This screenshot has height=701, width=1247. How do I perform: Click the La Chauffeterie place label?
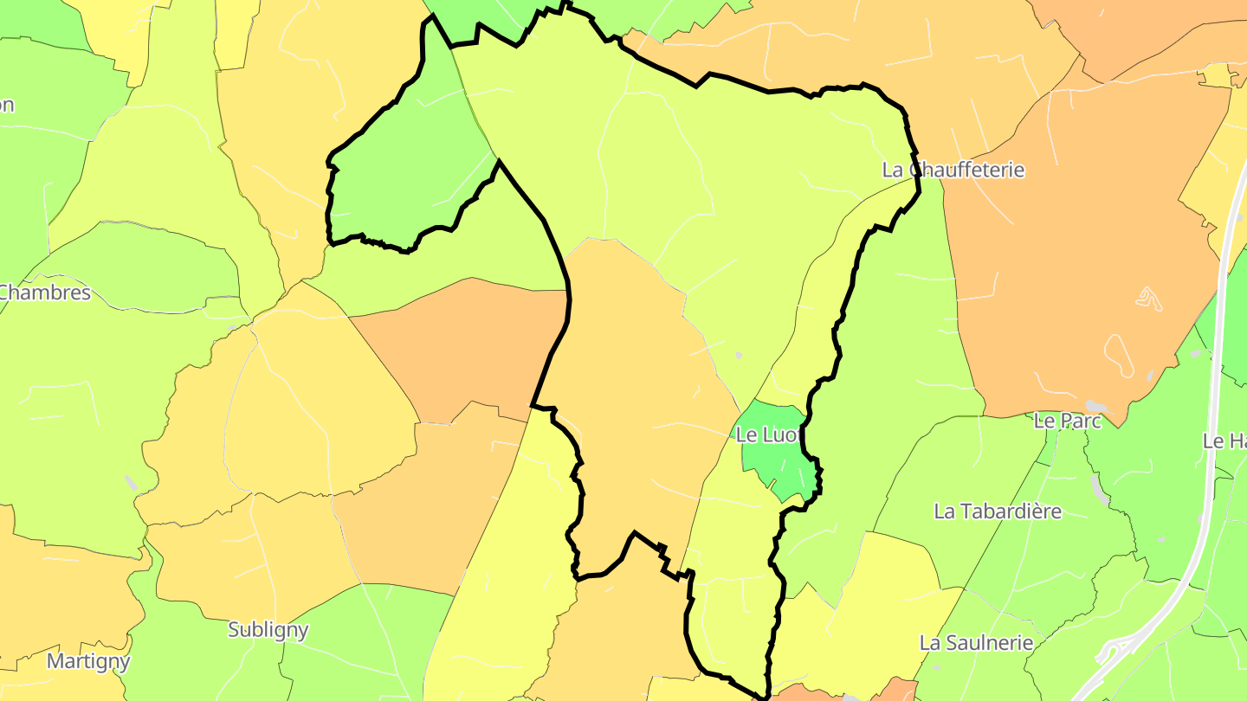(953, 170)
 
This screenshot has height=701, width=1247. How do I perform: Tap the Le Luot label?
(766, 434)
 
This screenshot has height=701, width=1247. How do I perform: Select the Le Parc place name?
(1068, 421)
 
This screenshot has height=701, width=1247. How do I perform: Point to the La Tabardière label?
(997, 511)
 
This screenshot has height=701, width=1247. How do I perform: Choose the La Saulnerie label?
(976, 643)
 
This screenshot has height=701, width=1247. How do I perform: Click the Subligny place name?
(268, 629)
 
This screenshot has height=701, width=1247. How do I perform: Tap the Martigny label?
(87, 662)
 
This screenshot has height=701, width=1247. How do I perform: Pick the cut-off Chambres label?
(45, 293)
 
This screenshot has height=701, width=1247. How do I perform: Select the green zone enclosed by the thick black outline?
(407, 173)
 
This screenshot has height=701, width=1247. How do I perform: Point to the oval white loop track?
(1119, 356)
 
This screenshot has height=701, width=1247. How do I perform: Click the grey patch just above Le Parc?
(1095, 406)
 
